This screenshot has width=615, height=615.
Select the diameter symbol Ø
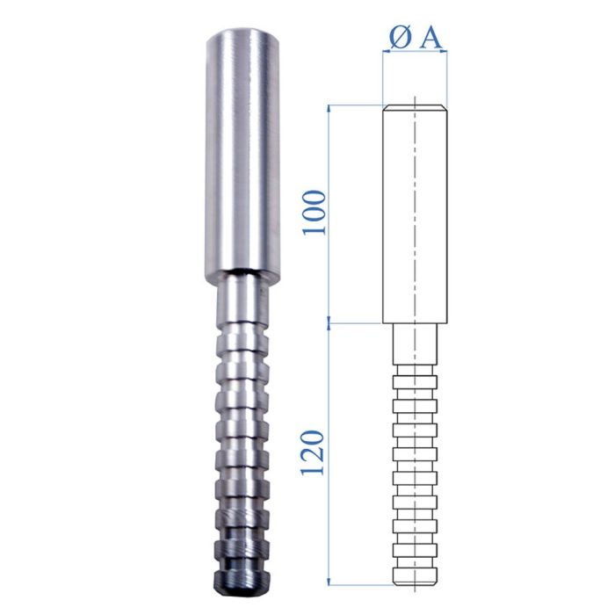point(397,37)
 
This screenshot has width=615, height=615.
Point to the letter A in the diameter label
point(429,37)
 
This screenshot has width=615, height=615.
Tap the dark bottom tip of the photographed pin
point(239,579)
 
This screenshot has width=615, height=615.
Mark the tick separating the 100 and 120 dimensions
point(329,322)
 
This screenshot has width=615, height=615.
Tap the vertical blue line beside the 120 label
point(329,452)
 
